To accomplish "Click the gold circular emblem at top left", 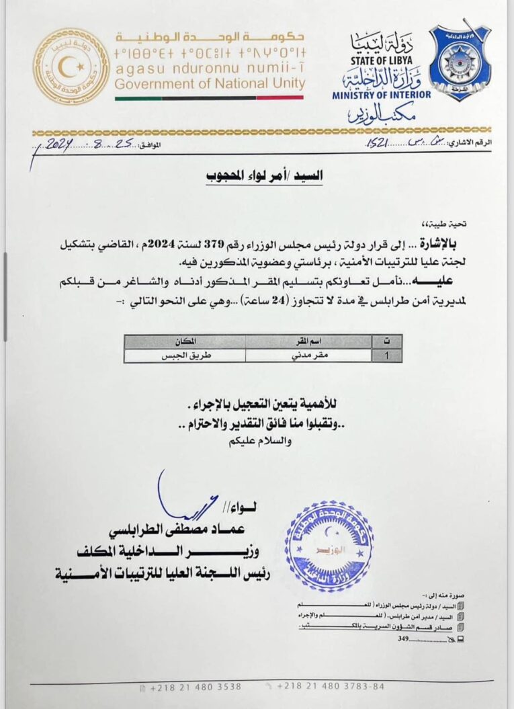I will (x=71, y=66).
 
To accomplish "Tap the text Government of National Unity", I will (x=210, y=84).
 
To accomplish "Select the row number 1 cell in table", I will (x=385, y=356).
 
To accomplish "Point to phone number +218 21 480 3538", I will (x=186, y=687).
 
